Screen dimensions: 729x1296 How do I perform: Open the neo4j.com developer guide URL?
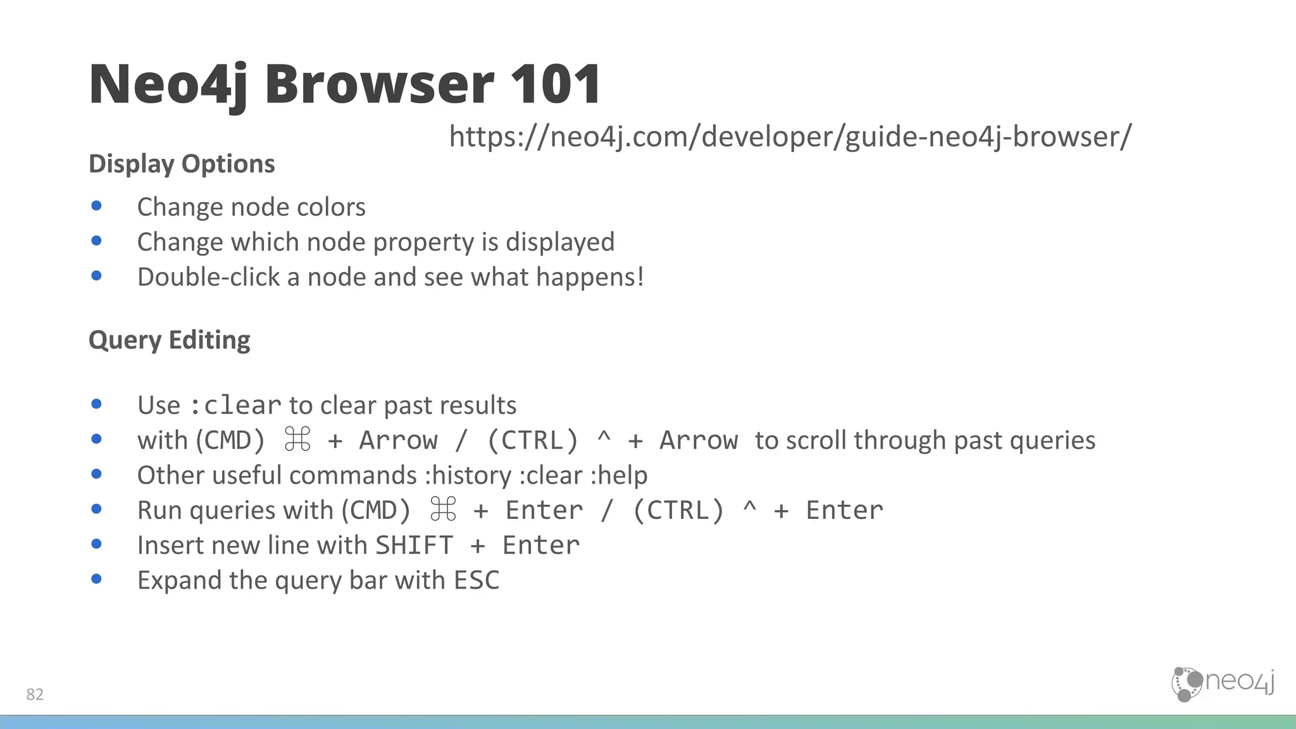790,137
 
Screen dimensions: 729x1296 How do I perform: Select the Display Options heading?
182,164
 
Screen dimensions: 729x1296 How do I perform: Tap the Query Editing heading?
169,340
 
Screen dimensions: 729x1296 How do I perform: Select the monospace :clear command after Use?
235,406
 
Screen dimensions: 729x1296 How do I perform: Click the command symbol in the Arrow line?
297,440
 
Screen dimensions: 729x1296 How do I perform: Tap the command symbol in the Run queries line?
443,509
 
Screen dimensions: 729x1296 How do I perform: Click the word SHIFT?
414,545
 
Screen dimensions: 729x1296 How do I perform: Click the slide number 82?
35,694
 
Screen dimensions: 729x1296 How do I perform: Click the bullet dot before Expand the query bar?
97,578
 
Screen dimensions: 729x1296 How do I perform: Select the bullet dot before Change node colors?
97,206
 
